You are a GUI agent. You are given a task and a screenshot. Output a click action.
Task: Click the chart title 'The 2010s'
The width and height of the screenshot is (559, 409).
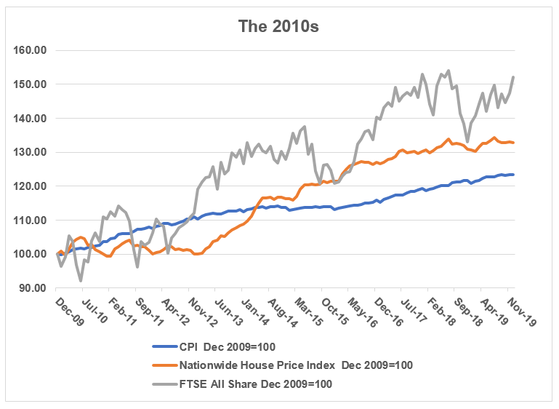point(278,27)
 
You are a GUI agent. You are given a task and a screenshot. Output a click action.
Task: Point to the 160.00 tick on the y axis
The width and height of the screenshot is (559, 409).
point(31,51)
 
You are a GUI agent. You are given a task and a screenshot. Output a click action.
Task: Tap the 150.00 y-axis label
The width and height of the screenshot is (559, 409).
point(31,84)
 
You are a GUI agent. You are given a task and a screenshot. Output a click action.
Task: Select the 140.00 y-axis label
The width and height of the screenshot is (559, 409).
point(31,119)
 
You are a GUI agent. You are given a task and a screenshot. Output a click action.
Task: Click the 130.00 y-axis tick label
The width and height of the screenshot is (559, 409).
point(31,152)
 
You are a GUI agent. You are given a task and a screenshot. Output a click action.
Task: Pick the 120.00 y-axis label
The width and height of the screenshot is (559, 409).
point(31,186)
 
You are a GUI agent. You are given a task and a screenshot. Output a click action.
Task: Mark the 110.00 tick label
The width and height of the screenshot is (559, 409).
point(31,220)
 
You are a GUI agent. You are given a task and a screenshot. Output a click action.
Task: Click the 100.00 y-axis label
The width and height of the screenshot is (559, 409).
point(31,254)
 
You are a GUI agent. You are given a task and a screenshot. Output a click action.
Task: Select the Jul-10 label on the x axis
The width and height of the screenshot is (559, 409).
point(98,307)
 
